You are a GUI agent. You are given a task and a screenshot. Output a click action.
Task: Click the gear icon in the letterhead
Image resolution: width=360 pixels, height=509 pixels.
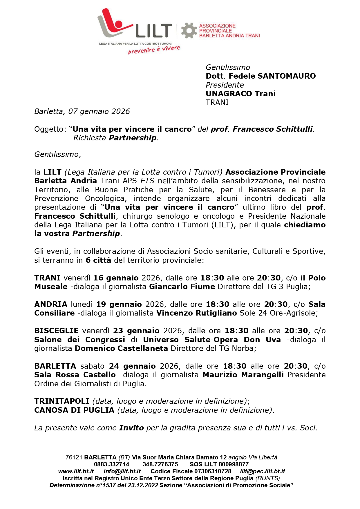pos(189,30)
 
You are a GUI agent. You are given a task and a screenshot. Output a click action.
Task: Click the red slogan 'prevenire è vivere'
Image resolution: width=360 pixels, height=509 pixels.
pos(154,50)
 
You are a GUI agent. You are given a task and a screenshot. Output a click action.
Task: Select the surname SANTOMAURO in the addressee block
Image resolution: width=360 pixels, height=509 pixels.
pos(287,76)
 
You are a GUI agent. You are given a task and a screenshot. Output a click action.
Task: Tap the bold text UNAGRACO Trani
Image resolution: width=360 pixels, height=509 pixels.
pos(240,94)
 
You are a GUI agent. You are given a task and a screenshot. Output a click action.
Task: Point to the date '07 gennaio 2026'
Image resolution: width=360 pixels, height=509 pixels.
pos(99,111)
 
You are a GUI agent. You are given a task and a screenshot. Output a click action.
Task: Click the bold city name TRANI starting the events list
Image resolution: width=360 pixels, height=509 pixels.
pos(47,278)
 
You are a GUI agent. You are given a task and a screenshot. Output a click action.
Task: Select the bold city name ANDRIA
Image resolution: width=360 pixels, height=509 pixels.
pos(51,304)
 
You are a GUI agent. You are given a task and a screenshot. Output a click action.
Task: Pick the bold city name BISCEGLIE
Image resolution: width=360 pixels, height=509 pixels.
pos(56,331)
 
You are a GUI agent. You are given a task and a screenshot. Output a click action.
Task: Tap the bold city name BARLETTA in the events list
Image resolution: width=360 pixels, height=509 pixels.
pos(55,366)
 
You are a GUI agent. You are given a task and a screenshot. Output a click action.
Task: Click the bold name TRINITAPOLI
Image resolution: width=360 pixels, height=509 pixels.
pos(62,401)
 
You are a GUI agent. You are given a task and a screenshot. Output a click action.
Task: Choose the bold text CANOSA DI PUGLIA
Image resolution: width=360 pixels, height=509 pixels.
pos(74,410)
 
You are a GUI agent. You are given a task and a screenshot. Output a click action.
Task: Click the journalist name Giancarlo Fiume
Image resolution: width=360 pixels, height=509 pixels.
pos(182,287)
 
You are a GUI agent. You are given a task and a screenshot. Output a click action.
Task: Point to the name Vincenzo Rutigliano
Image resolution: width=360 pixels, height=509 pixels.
pos(196,313)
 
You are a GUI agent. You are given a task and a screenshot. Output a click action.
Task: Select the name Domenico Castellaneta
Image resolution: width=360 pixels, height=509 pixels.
pos(121,348)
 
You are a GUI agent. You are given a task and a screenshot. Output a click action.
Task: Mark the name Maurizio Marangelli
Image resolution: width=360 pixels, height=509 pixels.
pos(243,375)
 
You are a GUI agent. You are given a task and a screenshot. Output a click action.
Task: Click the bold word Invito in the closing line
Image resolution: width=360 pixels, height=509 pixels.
pos(131,428)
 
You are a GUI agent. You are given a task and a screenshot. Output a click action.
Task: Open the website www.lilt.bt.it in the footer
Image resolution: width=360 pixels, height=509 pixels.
pos(76,471)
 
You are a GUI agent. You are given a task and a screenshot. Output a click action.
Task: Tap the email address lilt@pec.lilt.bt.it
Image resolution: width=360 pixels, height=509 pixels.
pos(263,471)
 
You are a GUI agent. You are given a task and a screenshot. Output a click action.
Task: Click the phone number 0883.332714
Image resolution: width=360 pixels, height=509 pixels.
pos(112,464)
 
